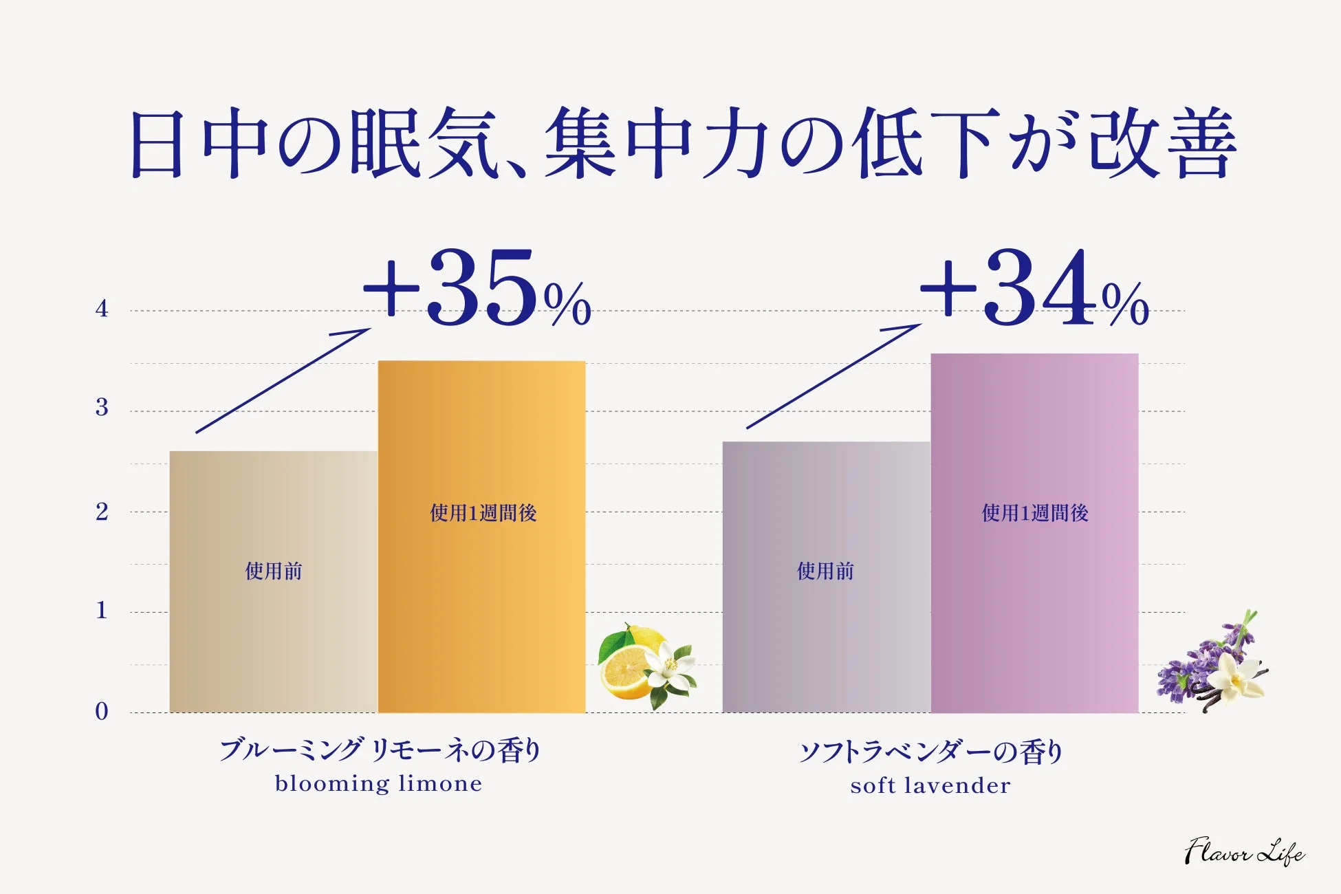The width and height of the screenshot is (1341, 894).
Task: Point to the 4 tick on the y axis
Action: [102, 309]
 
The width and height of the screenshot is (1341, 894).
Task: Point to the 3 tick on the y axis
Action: [102, 408]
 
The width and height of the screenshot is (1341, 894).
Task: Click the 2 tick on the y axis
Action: [102, 512]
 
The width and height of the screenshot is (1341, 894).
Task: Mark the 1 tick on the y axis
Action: [102, 611]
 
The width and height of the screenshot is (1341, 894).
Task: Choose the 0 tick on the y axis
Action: [102, 711]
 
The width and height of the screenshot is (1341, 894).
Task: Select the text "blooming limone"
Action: [378, 784]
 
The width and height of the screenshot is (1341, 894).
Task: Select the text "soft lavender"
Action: [930, 785]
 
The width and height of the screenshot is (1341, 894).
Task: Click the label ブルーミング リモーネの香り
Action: [380, 750]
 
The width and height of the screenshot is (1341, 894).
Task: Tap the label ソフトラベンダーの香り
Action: [930, 752]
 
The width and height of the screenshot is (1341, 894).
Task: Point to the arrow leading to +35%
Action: [282, 380]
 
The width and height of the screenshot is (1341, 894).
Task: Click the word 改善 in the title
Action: [1162, 144]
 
